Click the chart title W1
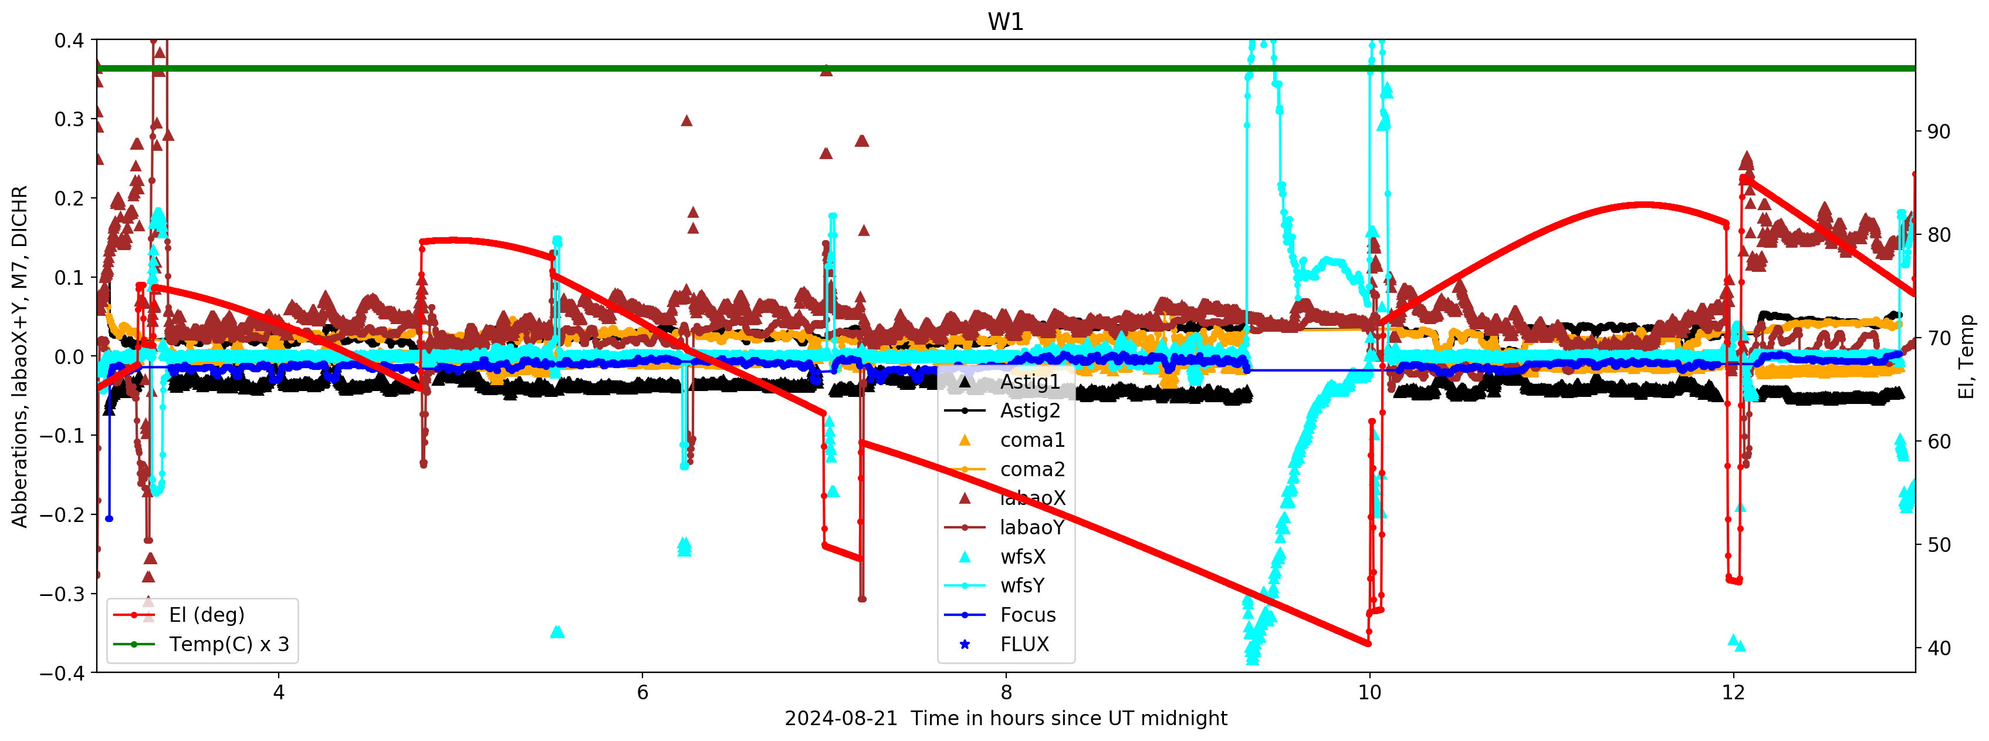coord(1005,22)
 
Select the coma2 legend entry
coord(1032,469)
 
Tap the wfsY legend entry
coord(1022,585)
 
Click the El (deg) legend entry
coord(206,615)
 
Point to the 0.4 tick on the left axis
coord(69,40)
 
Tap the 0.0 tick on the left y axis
coord(69,357)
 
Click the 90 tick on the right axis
coord(1938,132)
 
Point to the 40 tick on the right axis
coord(1938,648)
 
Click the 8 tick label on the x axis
coord(1005,692)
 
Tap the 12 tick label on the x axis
coord(1733,692)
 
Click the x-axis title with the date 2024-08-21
coord(1005,719)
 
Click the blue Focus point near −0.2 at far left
coord(109,518)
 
